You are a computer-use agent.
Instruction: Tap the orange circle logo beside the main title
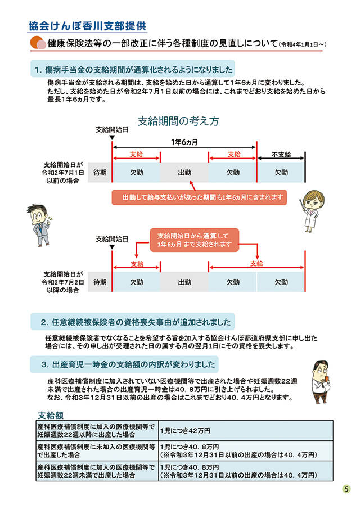tap(37, 44)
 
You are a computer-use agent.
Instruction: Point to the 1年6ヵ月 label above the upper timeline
tap(184, 142)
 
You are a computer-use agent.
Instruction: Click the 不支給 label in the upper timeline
tap(281, 155)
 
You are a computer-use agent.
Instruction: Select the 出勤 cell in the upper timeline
tap(184, 173)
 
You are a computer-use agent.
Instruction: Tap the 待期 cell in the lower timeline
tap(100, 282)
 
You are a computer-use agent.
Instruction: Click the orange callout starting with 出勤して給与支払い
tap(197, 197)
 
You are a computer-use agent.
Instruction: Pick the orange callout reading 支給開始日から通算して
tap(194, 240)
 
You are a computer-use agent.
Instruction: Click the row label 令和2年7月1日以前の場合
tap(64, 173)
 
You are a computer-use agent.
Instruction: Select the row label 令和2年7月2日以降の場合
tap(64, 282)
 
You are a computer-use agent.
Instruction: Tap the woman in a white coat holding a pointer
tap(315, 210)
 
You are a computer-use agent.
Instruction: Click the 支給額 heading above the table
tap(50, 415)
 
